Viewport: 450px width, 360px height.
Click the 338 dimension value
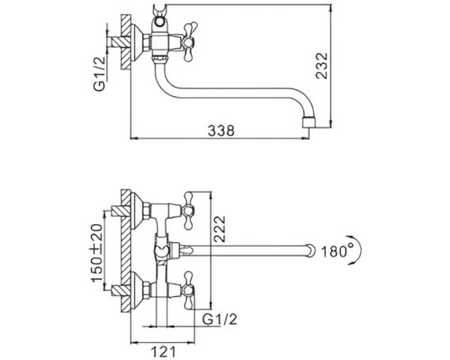pos(221,130)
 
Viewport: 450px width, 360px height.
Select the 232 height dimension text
pos(322,66)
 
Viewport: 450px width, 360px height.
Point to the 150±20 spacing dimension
pos(97,253)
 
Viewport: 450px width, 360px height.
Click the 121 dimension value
pos(163,351)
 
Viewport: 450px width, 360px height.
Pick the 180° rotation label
pos(338,251)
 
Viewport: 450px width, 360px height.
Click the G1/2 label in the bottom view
pos(220,319)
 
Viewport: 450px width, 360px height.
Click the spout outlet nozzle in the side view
pos(309,122)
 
